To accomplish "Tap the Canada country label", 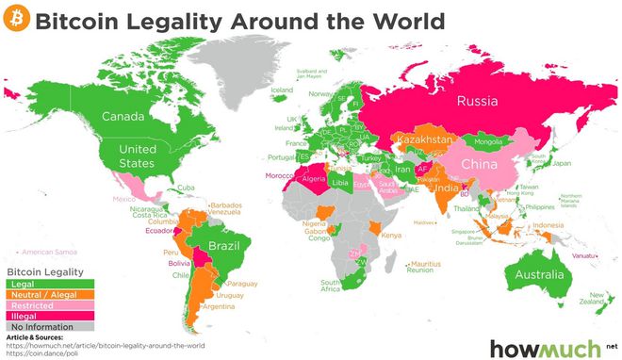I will [x=123, y=118].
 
